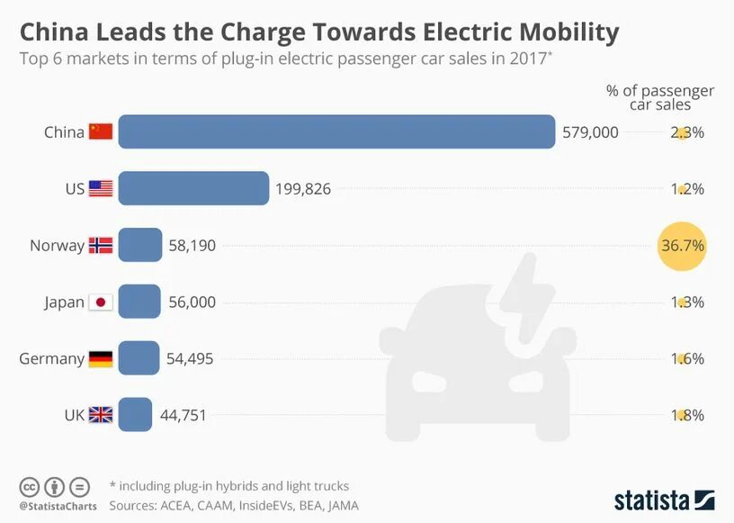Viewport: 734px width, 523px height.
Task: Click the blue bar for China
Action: pos(336,131)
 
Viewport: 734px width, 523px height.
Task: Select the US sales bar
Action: pos(193,188)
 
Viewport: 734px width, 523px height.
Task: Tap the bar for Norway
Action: pos(140,245)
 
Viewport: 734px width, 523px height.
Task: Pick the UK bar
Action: pos(135,415)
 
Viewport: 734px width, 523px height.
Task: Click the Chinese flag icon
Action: pos(101,132)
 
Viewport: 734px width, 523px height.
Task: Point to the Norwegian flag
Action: pos(101,245)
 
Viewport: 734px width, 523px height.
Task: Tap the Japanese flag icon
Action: pos(101,302)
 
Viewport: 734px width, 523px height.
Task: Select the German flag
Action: pos(101,358)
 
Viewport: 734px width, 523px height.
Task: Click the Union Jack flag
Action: pos(101,415)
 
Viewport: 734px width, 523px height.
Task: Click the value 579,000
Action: pos(590,132)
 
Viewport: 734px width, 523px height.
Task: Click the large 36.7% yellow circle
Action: pos(682,246)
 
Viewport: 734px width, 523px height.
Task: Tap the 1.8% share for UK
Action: pos(685,415)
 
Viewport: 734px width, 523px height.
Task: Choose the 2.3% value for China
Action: pos(685,132)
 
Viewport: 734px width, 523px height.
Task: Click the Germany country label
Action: pos(52,358)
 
